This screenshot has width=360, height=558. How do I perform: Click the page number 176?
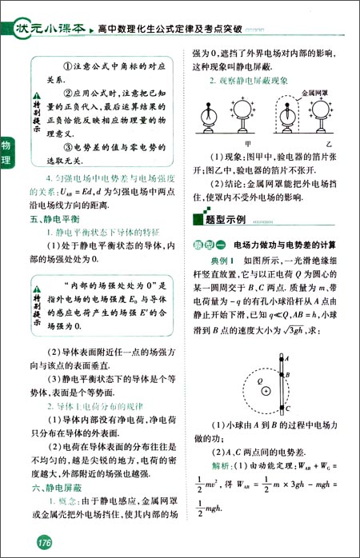(x=34, y=544)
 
